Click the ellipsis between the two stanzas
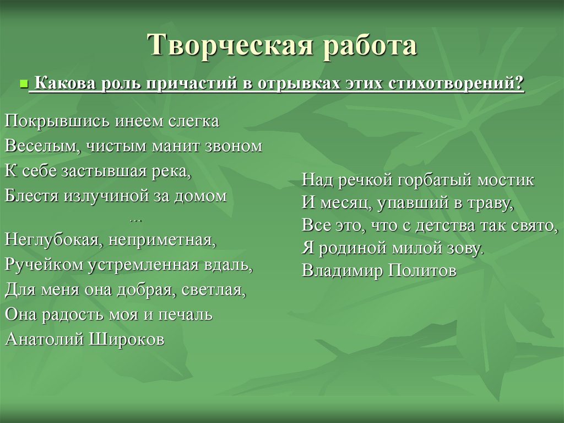click(135, 220)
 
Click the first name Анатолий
click(44, 339)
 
